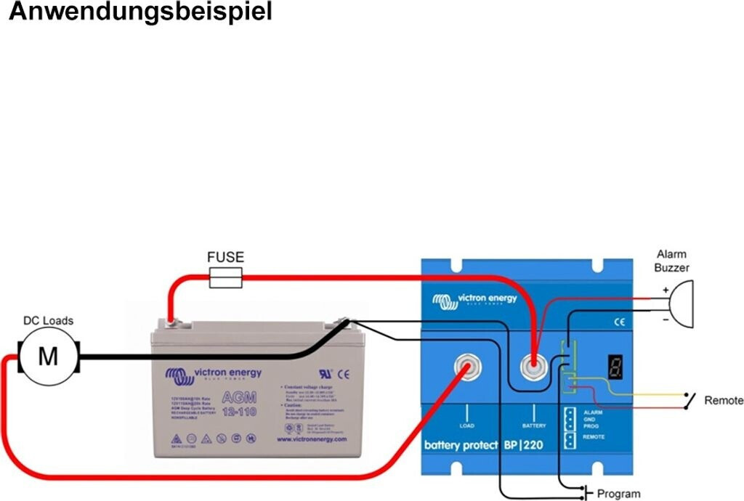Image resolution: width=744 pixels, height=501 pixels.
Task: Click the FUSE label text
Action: [225, 257]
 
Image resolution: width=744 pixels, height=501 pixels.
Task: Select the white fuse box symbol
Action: [225, 277]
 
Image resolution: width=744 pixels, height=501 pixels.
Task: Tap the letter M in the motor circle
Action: [48, 357]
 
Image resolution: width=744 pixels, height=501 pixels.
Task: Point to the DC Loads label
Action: [49, 320]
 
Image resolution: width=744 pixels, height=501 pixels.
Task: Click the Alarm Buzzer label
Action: [671, 261]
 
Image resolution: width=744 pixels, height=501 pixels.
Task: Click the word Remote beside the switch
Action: [724, 400]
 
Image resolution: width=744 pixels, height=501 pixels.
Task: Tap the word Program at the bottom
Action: [619, 494]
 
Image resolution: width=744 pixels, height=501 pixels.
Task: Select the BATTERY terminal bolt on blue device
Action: [535, 368]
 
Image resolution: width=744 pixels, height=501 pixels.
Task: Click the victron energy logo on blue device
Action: [475, 299]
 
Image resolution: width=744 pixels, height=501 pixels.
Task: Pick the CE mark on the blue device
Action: [620, 322]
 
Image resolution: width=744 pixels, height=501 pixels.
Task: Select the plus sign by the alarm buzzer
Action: [665, 290]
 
